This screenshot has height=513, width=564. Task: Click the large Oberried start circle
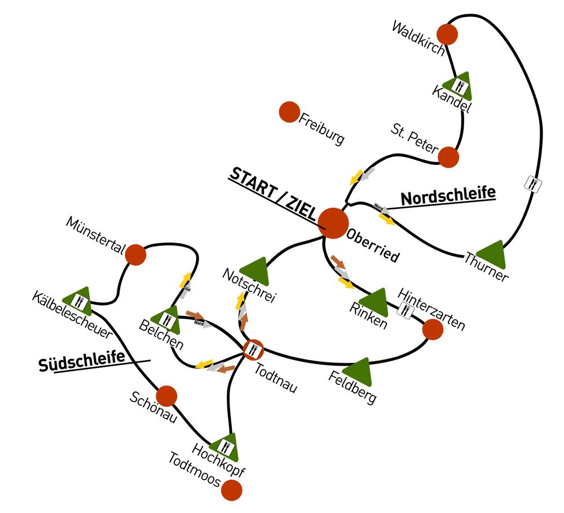pos(333,223)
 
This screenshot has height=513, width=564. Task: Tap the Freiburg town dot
pos(289,112)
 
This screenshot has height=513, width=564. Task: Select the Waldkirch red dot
pos(448,34)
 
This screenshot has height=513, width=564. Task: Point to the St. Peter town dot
pos(448,157)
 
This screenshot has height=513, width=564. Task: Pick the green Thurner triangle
pos(492,256)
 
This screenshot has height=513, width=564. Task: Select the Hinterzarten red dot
pos(433,330)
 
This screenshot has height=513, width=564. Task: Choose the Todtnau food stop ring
pos(253,350)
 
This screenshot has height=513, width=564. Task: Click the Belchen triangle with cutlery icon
pos(166,319)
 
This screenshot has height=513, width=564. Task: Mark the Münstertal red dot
pos(135,255)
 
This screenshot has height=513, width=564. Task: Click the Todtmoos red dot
pos(231,490)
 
